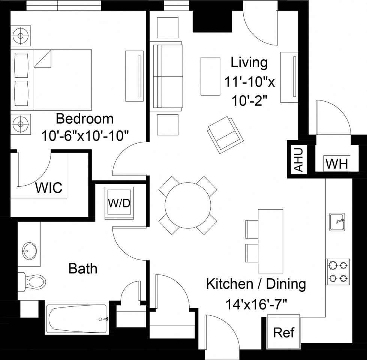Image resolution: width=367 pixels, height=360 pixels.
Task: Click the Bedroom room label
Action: (84, 118)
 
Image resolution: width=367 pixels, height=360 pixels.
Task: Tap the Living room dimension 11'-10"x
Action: (250, 82)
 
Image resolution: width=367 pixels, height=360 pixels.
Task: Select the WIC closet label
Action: (49, 187)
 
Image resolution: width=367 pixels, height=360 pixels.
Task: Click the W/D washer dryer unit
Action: (119, 203)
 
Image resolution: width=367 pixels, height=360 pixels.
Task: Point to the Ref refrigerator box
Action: (284, 332)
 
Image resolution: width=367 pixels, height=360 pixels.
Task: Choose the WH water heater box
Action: (337, 163)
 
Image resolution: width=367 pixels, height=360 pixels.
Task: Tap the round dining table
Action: (188, 205)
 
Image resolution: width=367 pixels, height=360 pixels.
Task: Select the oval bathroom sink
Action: (30, 251)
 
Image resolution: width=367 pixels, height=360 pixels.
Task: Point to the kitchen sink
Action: (337, 222)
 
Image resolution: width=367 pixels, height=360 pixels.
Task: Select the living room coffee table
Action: (210, 76)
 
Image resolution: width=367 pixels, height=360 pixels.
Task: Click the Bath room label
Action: (83, 268)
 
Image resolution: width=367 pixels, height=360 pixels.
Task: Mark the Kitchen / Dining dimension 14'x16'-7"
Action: (256, 305)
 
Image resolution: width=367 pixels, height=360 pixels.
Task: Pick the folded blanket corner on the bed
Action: (43, 58)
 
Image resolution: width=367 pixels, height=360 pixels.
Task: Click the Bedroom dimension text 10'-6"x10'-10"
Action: (85, 136)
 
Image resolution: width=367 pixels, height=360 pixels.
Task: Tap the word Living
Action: (249, 63)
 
